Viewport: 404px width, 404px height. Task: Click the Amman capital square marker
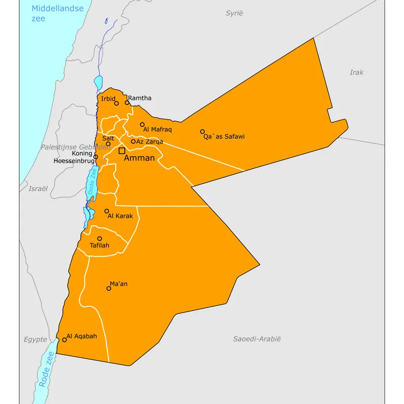click(x=122, y=150)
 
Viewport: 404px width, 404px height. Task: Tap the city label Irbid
click(x=108, y=98)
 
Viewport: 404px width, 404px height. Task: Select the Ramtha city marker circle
click(x=127, y=103)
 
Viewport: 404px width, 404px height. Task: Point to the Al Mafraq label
click(x=158, y=130)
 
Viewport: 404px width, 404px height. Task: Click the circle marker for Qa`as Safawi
click(x=203, y=131)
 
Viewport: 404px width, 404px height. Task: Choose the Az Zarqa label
click(x=149, y=142)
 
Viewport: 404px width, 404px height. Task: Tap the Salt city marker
click(x=108, y=144)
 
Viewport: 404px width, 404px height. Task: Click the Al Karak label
click(x=120, y=216)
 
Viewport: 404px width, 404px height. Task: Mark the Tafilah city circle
click(x=99, y=238)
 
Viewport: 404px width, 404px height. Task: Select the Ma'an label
click(x=119, y=284)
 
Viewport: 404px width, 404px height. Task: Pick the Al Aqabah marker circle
click(x=65, y=339)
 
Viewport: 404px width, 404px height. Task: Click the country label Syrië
click(x=234, y=13)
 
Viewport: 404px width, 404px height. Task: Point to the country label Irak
click(x=357, y=72)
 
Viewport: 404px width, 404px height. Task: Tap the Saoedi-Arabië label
click(x=257, y=339)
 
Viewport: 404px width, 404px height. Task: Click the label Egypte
click(x=35, y=339)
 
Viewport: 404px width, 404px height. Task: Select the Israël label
click(x=38, y=188)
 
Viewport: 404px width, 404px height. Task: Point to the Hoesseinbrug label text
click(x=74, y=161)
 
